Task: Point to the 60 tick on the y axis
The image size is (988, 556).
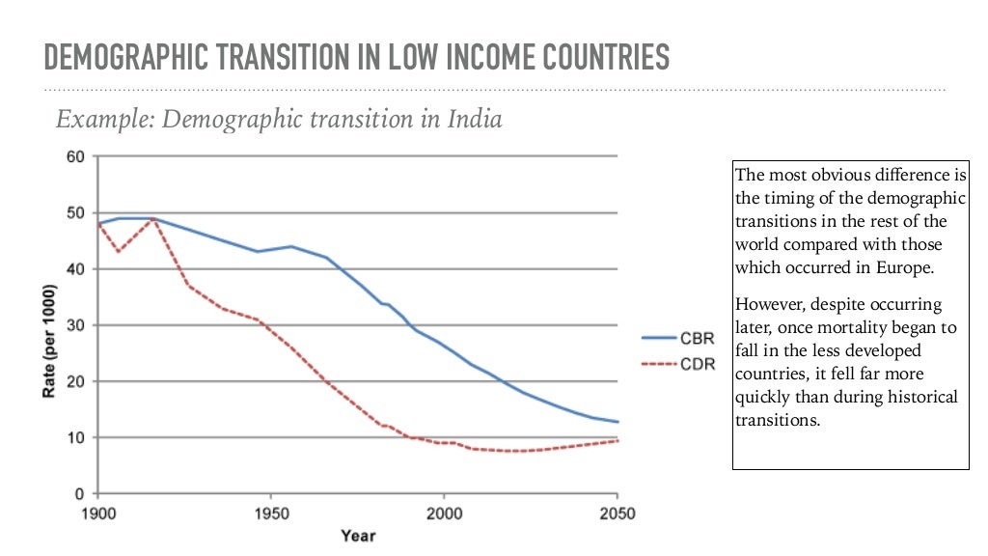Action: tap(76, 156)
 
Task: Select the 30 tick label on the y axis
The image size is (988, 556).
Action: tap(76, 325)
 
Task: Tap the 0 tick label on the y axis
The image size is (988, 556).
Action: tap(80, 493)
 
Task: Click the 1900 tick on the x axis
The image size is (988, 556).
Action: tap(99, 514)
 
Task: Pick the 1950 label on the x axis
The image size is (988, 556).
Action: tap(271, 514)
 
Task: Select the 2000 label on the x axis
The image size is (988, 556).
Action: tap(443, 514)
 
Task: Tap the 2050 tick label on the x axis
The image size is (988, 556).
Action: tap(616, 514)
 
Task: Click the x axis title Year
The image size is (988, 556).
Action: tap(357, 535)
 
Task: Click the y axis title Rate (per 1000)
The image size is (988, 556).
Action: tap(49, 325)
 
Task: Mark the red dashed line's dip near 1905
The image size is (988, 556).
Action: tap(117, 252)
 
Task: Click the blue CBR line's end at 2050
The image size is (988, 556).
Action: tap(616, 422)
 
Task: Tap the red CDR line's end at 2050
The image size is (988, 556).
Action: tap(616, 440)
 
